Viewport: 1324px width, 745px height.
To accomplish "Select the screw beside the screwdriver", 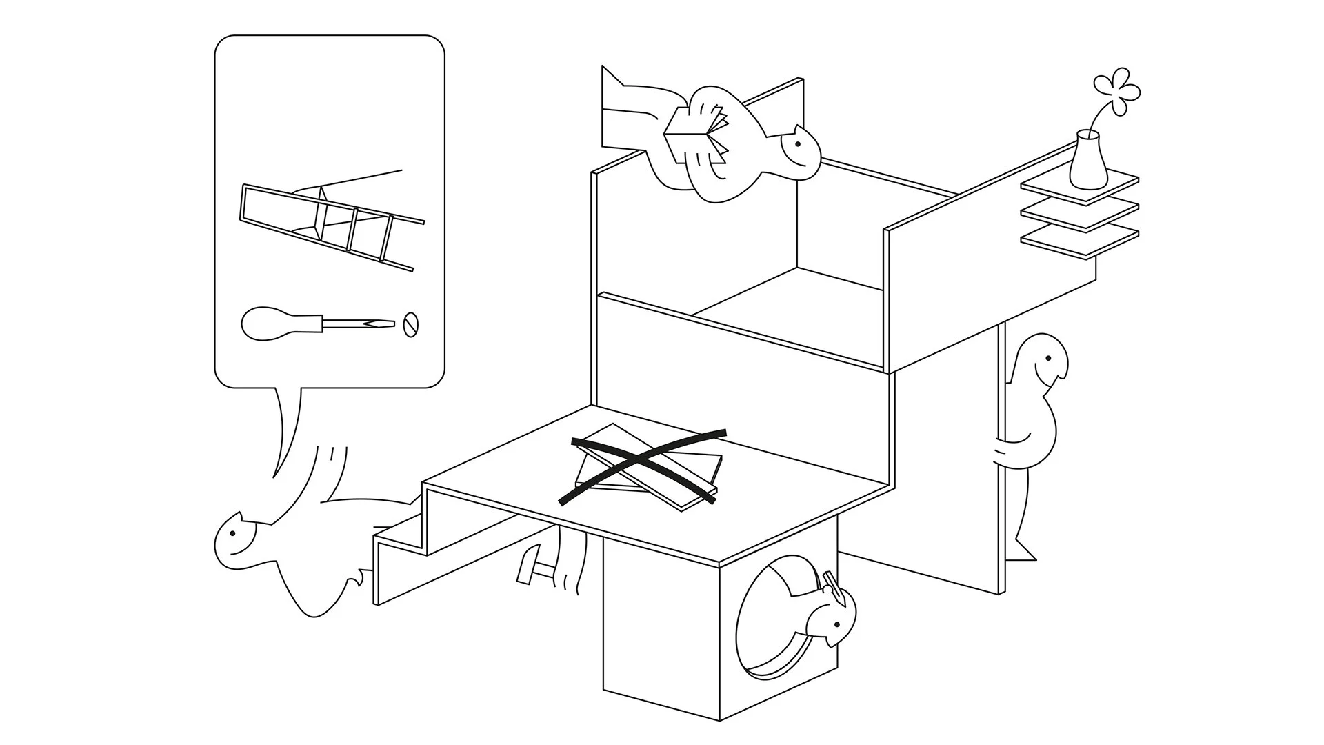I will [x=410, y=324].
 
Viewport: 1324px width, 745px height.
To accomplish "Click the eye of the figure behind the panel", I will [x=1047, y=359].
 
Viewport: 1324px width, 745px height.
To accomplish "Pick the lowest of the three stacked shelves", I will [x=1079, y=241].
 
